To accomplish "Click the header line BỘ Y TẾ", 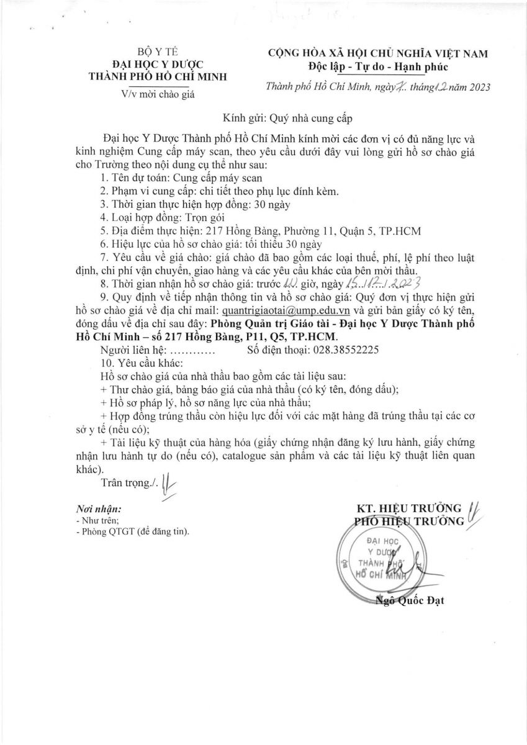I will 157,52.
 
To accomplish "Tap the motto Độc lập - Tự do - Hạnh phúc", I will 378,66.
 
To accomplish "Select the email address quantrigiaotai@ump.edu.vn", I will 276,310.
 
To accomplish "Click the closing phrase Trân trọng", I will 127,482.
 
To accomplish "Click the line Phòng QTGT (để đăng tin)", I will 132,532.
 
